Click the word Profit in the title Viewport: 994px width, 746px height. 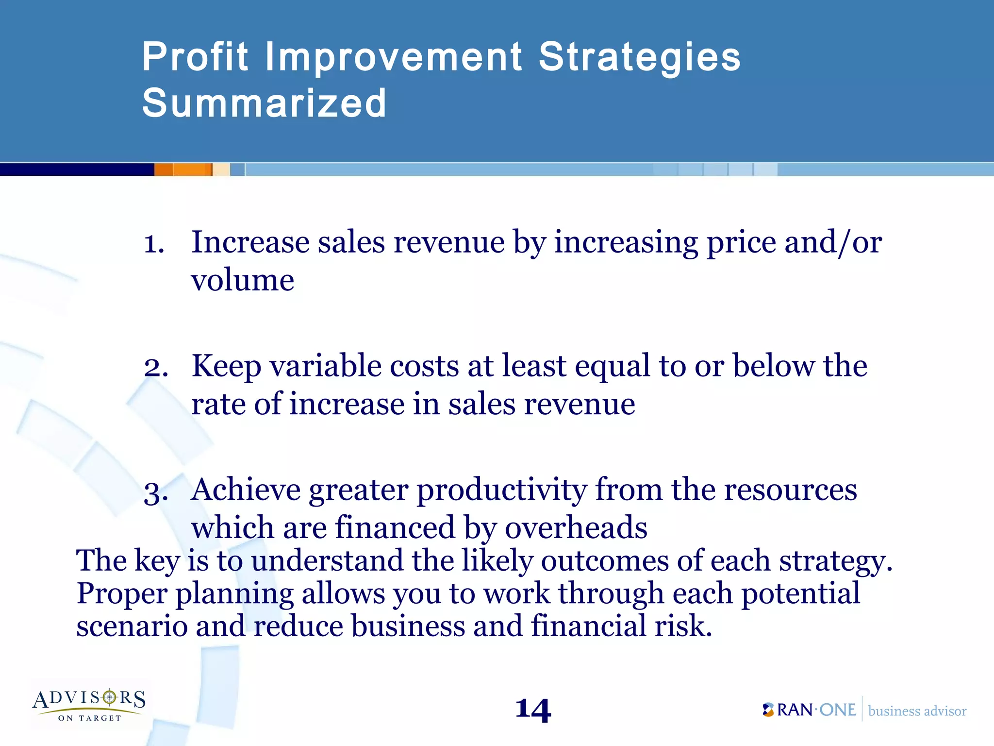pos(195,57)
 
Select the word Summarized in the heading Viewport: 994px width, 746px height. pos(265,103)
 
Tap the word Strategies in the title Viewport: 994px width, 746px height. pos(639,57)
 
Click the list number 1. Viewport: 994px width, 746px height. pos(154,244)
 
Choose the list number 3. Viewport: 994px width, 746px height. pos(156,492)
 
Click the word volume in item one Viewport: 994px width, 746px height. pos(243,280)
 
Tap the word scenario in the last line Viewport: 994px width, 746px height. pos(132,626)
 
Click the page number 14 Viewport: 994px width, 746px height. pos(533,711)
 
